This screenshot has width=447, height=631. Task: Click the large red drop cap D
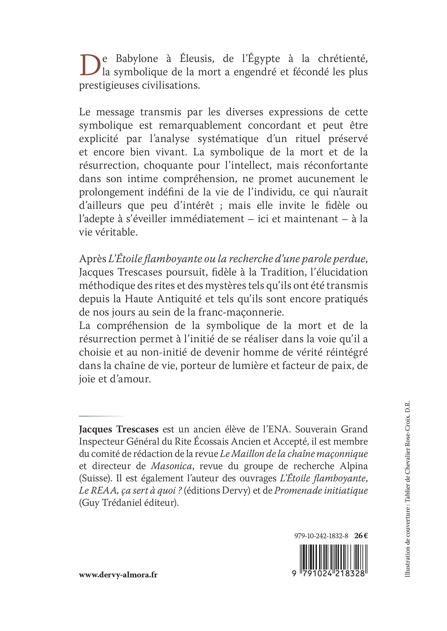90,65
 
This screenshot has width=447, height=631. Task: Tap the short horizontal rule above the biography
102,416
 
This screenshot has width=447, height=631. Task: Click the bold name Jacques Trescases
119,429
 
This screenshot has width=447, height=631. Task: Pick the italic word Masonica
171,466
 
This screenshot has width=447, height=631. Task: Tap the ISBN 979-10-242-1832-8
321,536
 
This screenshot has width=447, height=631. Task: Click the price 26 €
361,536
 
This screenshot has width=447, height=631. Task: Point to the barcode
333,556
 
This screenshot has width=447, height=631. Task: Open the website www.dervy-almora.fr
118,575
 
